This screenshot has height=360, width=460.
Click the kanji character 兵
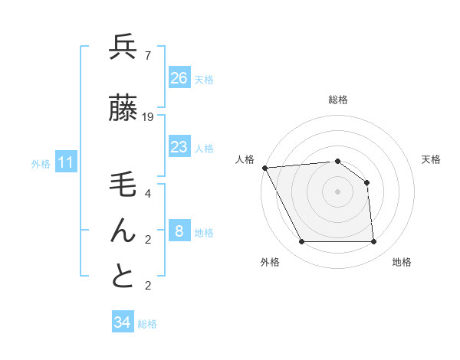[123, 48]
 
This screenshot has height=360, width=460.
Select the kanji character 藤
[123, 109]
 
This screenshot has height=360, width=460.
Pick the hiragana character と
[123, 276]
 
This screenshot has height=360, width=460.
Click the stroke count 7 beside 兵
[147, 56]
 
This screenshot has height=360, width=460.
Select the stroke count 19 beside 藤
[149, 117]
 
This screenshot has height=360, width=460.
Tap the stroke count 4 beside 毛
[147, 194]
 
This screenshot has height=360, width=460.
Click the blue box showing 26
[179, 78]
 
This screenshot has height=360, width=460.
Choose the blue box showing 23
[179, 147]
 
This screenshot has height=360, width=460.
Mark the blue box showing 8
[179, 231]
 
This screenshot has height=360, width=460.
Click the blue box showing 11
[66, 162]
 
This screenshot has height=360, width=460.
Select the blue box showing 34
[123, 322]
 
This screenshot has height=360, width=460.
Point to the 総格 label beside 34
[147, 324]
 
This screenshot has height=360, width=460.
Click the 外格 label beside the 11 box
[41, 163]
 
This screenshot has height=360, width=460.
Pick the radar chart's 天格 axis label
[432, 159]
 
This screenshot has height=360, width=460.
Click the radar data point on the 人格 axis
[265, 168]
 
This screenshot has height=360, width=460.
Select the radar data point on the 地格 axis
[373, 242]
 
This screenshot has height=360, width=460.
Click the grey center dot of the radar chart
[337, 191]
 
